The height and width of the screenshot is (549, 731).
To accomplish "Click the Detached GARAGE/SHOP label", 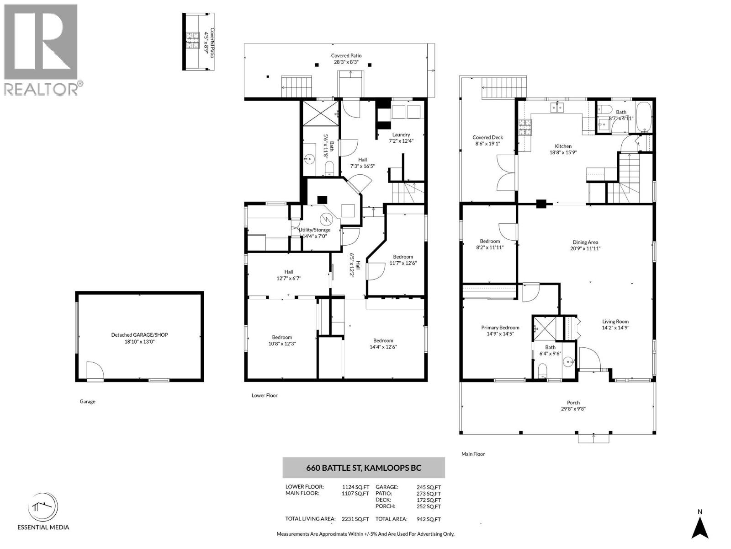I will pos(139,335).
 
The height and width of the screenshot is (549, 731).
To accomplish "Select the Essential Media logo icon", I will pos(43,507).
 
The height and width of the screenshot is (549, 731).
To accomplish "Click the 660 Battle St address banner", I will pos(363,468).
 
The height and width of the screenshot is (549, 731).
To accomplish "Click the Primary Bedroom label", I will pos(500,328).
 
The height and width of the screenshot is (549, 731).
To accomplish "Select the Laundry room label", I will pos(401,135).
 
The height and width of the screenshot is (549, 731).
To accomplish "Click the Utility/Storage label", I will pos(314,230).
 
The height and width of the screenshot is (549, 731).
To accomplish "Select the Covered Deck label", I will pos(487,137).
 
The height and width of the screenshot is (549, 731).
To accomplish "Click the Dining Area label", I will pos(585,242).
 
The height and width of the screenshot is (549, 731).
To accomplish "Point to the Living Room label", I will pos(615,322).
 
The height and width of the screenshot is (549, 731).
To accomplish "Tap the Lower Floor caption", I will pos(265,395).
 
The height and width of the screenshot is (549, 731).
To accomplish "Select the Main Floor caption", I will pos(473,454).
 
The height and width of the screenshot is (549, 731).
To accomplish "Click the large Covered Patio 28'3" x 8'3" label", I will pos(346,56).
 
